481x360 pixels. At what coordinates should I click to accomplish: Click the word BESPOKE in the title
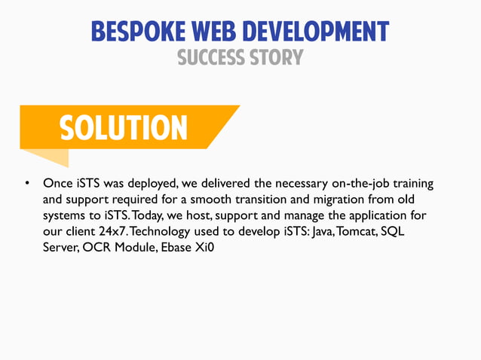(x=135, y=31)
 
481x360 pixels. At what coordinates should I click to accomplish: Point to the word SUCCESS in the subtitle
(x=213, y=57)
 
